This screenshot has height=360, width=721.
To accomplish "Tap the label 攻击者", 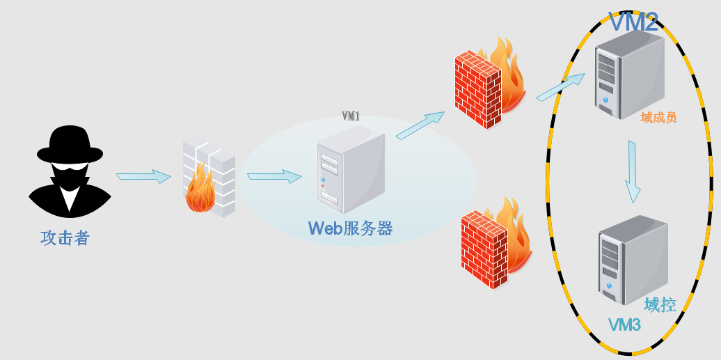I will [65, 238].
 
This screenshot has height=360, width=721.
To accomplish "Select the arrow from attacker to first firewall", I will [143, 176].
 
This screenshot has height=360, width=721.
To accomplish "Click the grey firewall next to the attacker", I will [208, 178].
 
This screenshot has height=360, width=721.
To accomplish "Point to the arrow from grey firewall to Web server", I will [274, 176].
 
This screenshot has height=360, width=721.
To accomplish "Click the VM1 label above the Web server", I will [351, 116].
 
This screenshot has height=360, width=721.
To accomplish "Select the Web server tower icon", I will [350, 174].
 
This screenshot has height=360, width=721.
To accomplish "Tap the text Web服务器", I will [350, 228].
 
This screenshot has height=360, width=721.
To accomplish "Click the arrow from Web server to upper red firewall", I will [420, 125].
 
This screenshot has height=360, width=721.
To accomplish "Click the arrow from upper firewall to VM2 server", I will [561, 86].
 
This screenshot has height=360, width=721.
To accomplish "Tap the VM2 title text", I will [633, 22].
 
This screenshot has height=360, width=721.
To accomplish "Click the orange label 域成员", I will [658, 118].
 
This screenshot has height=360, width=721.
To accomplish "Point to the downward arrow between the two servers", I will [632, 171].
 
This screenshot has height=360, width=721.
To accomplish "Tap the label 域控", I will [660, 304].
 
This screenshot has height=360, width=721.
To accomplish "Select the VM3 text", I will [624, 324].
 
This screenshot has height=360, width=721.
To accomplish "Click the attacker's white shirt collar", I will [70, 196].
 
